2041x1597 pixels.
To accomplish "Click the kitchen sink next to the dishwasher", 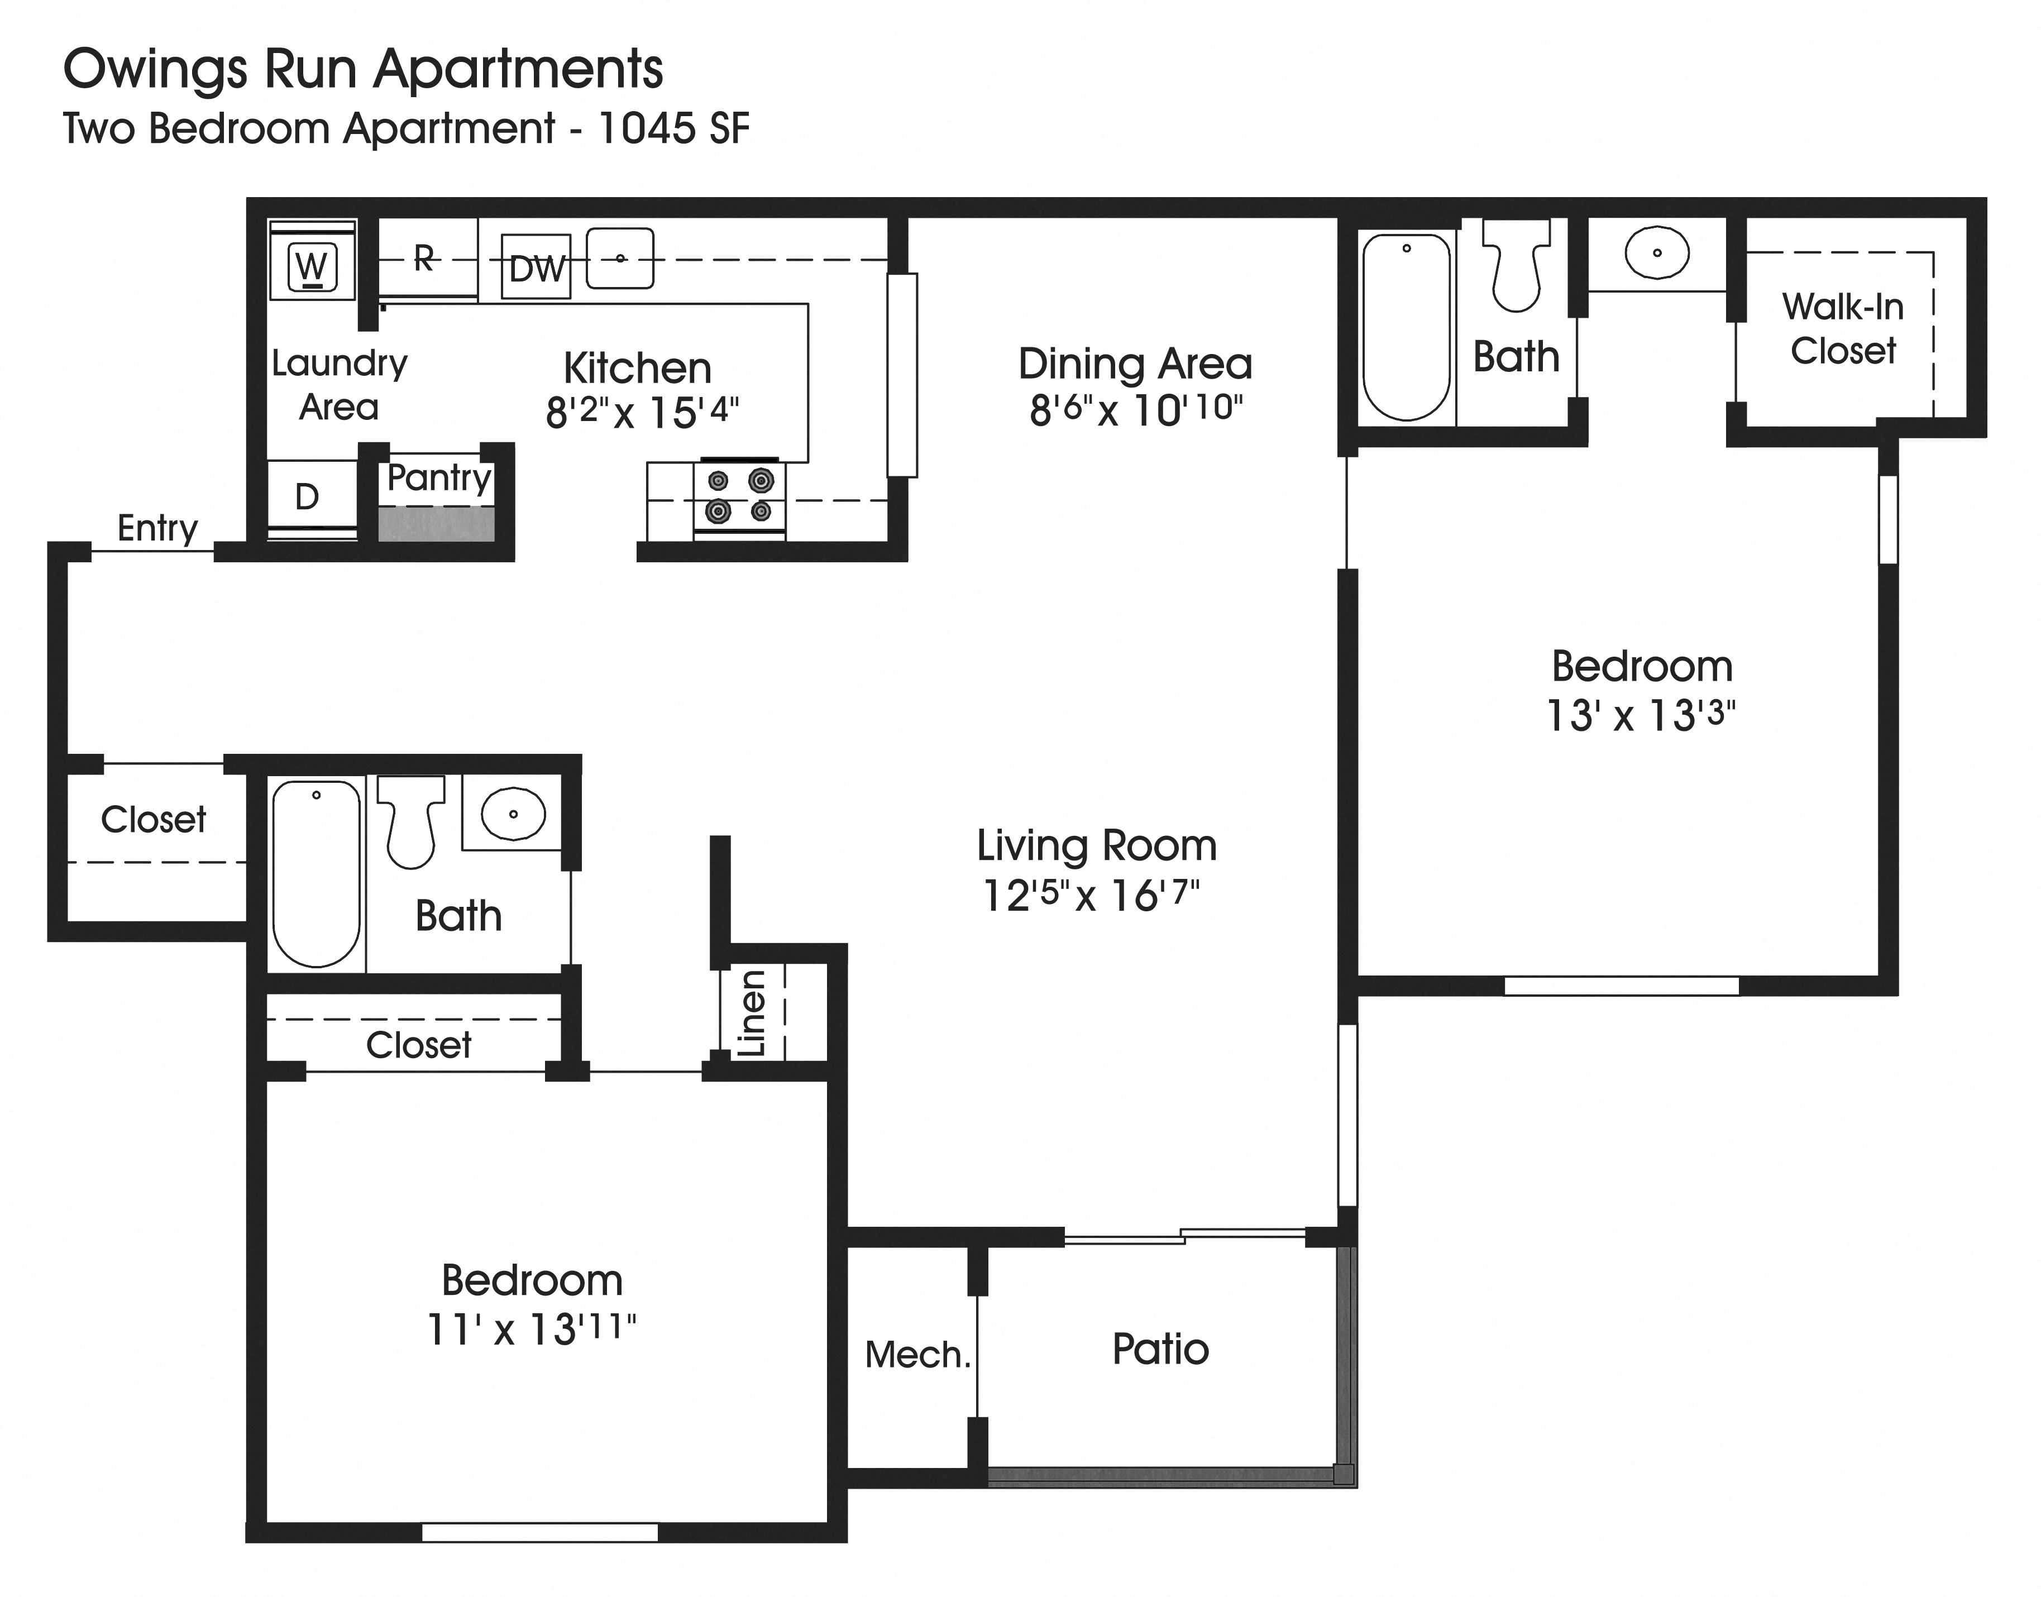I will [620, 258].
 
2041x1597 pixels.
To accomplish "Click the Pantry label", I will [438, 478].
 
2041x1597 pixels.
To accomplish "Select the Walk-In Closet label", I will [1842, 328].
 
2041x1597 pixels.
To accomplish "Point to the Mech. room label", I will [917, 1355].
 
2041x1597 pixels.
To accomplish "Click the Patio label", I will [1160, 1349].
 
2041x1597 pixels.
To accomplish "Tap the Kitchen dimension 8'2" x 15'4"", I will [642, 412].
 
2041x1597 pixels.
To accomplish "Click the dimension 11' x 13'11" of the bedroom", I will [531, 1328].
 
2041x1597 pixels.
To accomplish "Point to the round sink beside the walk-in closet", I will [1657, 252].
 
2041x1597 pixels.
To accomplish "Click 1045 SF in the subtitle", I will [673, 129].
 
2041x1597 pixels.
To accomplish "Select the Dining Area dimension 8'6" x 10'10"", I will [1135, 409].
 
